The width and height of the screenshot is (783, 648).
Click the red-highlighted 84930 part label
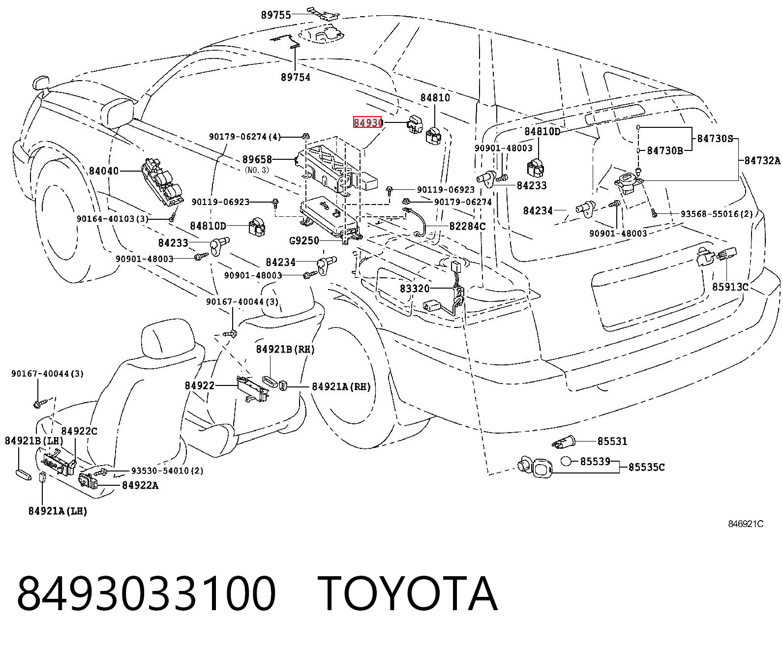point(367,122)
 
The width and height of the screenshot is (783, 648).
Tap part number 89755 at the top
point(276,15)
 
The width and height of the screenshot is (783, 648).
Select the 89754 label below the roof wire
point(296,77)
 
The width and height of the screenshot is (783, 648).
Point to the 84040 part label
point(104,171)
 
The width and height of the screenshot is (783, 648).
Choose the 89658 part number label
point(257,159)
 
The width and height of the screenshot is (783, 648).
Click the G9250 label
point(304,240)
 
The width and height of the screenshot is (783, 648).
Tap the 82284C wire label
point(467,226)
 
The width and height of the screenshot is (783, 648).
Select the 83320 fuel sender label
point(415,289)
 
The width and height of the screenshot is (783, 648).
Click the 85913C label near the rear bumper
point(730,287)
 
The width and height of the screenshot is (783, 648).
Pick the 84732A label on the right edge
point(762,160)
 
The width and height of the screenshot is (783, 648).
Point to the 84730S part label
point(715,138)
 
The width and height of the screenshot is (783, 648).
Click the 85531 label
point(612,442)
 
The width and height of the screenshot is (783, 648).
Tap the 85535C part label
point(646,467)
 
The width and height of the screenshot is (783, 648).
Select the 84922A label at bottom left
point(140,486)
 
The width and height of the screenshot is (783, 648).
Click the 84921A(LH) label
point(58,511)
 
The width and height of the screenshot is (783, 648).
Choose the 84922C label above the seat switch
point(79,431)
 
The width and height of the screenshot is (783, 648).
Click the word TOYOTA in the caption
point(408,594)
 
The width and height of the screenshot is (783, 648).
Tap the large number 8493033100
point(146,594)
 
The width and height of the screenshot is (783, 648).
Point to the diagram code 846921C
point(746,524)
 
